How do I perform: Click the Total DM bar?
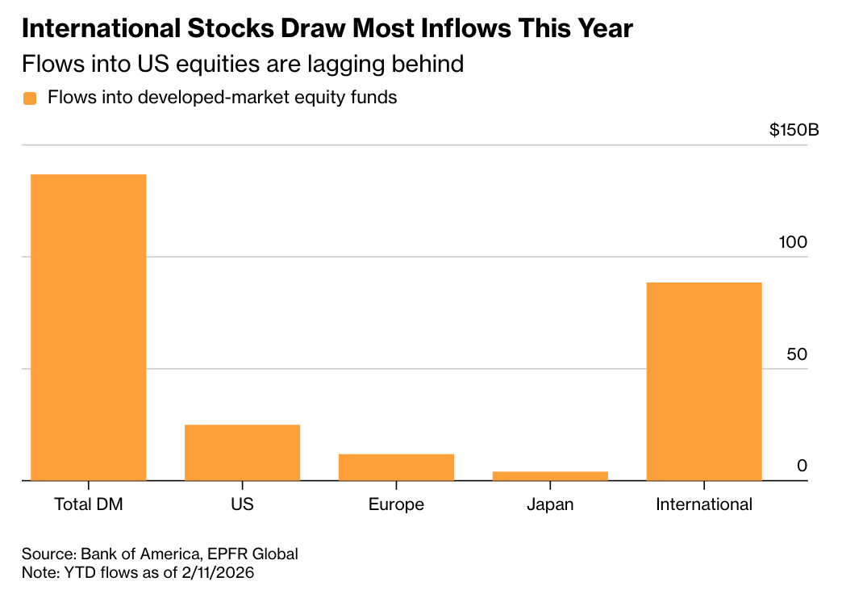(x=89, y=327)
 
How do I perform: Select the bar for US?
(x=242, y=452)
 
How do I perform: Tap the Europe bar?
(x=396, y=467)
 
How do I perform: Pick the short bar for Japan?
(x=550, y=476)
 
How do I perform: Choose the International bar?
(x=704, y=381)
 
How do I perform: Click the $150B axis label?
(x=794, y=130)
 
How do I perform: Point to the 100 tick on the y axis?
(x=794, y=242)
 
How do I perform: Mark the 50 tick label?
(x=797, y=354)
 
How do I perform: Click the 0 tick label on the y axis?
(x=802, y=466)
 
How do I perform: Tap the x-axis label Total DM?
(x=88, y=505)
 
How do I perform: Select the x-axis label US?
(x=242, y=505)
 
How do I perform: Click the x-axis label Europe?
(x=396, y=505)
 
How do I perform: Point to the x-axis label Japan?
(x=550, y=505)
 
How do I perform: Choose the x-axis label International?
(x=704, y=505)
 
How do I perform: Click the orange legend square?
(x=30, y=98)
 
